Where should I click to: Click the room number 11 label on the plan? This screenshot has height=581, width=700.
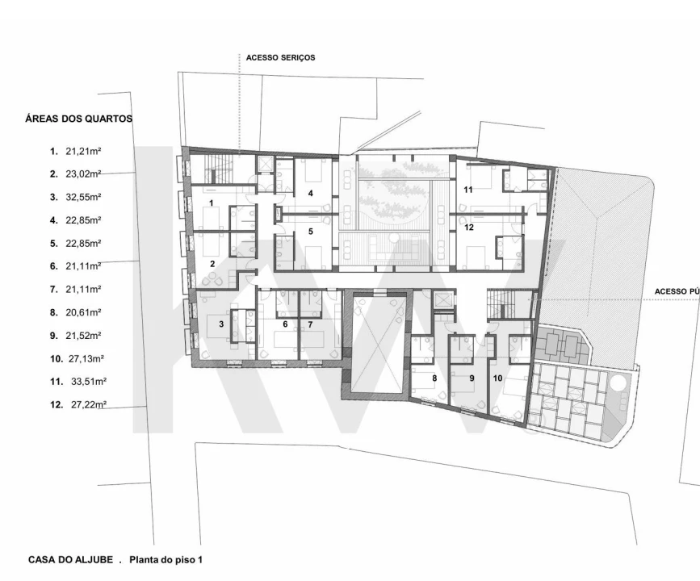[467, 190]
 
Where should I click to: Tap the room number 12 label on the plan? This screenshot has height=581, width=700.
[469, 227]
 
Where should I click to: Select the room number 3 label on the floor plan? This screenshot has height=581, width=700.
[221, 324]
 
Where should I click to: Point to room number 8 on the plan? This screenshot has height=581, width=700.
[434, 378]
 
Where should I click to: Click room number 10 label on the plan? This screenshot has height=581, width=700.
[497, 378]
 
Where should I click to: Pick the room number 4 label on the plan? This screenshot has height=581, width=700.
[311, 193]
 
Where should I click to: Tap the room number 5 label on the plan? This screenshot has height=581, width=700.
[311, 231]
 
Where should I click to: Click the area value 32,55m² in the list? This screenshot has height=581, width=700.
[83, 197]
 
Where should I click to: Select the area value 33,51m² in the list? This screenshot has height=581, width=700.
[88, 381]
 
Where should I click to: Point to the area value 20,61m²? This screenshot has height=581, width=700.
[83, 312]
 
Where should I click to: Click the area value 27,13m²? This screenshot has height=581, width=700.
[86, 358]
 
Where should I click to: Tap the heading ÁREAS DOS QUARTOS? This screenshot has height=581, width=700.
[78, 119]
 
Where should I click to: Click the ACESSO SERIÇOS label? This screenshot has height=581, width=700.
[280, 57]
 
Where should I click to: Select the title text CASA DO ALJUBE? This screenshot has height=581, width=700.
[70, 559]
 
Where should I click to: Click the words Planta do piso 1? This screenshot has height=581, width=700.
[166, 559]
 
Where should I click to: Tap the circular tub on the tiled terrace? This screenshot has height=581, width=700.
[618, 382]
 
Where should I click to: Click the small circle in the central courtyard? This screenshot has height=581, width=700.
[394, 238]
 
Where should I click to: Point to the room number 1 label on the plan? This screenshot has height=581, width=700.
[212, 203]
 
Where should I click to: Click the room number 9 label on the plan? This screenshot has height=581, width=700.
[472, 378]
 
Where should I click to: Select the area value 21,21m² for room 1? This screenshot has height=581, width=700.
[83, 151]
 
